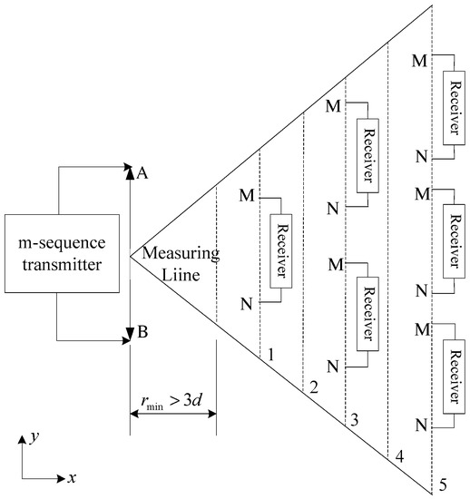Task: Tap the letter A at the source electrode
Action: [142, 176]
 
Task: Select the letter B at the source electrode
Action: [142, 334]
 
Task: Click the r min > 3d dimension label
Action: [172, 405]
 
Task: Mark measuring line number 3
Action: [353, 421]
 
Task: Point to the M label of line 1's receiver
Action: [245, 194]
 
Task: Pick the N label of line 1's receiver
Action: [245, 302]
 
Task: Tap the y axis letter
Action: [32, 436]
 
